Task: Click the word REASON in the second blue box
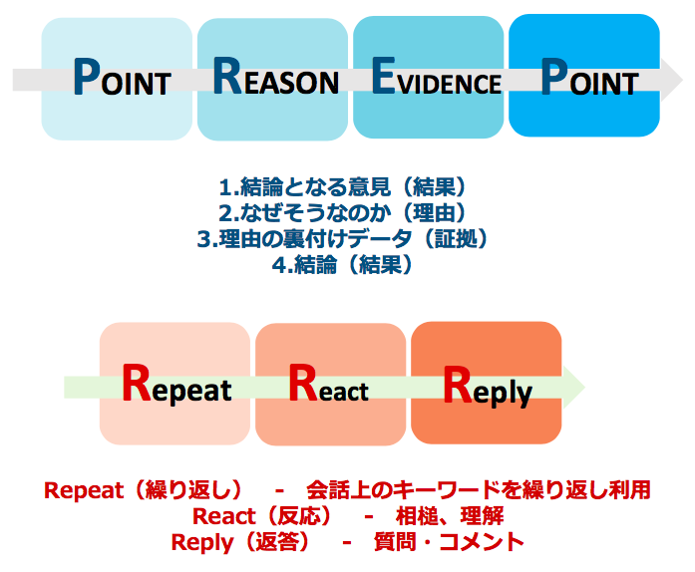pos(275,77)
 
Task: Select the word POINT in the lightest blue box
pos(122,77)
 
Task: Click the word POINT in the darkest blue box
pos(589,77)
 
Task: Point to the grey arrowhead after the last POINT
pos(671,80)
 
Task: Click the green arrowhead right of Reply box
pos(574,388)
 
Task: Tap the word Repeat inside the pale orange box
pos(176,384)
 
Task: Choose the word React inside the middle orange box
pos(328,384)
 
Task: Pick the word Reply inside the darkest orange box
pos(488,387)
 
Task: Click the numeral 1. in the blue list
pos(229,187)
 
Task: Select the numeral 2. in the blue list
pos(229,213)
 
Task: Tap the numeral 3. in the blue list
pos(207,240)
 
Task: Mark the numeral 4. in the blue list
pos(283,266)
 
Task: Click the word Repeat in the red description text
pos(84,490)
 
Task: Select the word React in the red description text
pos(223,516)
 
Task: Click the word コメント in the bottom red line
pos(482,542)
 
